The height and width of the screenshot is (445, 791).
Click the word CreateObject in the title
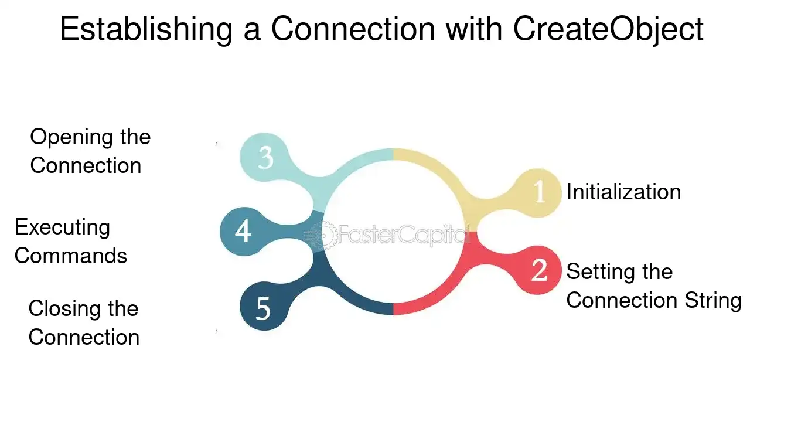point(608,29)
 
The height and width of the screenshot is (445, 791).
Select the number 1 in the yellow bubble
point(539,192)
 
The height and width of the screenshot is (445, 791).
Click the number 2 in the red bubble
point(539,270)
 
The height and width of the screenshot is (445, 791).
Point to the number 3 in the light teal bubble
point(265,157)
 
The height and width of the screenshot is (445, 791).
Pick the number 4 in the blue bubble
point(243,231)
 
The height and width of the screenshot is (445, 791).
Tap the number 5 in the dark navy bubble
point(263,308)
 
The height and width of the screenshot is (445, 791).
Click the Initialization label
point(623,192)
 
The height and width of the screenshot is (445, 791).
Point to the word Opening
point(70,138)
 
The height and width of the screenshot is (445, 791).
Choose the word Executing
point(62,227)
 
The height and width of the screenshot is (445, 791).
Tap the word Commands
point(71,256)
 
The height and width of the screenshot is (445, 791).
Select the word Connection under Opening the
point(86,165)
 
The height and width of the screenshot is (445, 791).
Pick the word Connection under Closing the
point(84,337)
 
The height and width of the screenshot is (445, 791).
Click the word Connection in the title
point(353,29)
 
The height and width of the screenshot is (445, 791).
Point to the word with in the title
point(474,29)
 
